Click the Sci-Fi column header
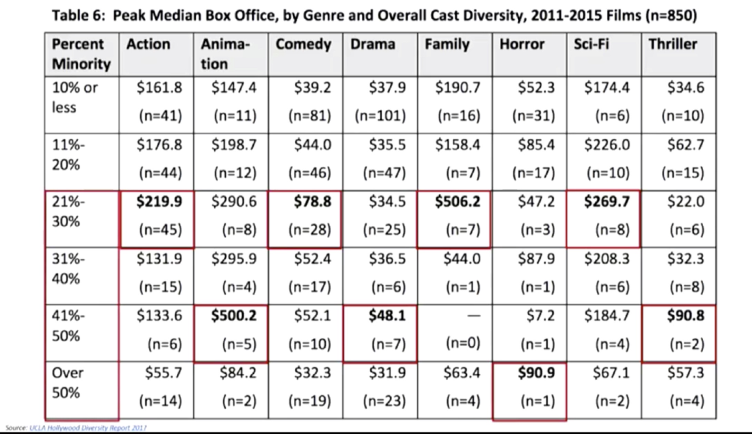pos(591,45)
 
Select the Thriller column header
pos(673,45)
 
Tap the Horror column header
pos(522,45)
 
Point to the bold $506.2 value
pos(458,202)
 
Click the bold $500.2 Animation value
pos(234,316)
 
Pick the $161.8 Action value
pos(159,88)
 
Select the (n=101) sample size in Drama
pos(381,116)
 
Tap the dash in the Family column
pos(474,316)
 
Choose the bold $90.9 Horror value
pos(536,373)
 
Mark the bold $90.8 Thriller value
pos(685,316)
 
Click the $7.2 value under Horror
pos(540,316)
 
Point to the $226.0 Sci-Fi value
pos(607,145)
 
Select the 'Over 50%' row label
pos(68,383)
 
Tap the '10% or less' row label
pos(75,97)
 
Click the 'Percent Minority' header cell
pos(81,54)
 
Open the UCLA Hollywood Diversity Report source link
pos(88,428)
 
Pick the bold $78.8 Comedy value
pos(312,202)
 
